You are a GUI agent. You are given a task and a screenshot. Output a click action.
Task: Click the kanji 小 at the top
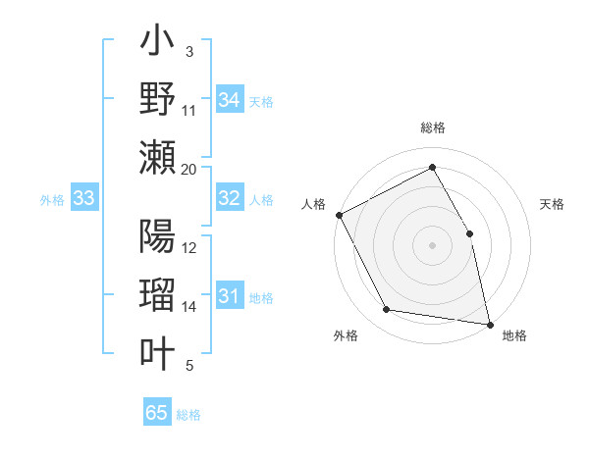click(x=158, y=42)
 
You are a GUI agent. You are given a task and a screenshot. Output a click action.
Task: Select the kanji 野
click(x=158, y=98)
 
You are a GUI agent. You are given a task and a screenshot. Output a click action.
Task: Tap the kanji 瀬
click(x=158, y=155)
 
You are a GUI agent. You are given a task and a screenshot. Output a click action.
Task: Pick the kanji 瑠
click(x=158, y=294)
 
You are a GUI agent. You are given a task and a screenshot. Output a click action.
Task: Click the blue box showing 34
click(x=229, y=100)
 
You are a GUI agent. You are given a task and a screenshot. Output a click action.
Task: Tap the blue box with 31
click(x=229, y=296)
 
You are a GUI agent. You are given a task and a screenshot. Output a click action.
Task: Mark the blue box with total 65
click(x=157, y=413)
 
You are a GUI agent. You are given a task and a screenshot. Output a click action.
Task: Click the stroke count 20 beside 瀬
click(x=189, y=169)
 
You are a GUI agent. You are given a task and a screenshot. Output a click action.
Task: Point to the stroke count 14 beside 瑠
click(x=189, y=307)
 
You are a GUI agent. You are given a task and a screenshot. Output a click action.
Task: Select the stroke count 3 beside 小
click(x=189, y=51)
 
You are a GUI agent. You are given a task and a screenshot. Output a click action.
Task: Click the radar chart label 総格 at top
click(x=433, y=128)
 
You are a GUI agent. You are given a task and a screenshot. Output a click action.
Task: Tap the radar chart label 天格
click(x=553, y=204)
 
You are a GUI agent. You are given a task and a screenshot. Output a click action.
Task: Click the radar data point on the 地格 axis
click(x=490, y=323)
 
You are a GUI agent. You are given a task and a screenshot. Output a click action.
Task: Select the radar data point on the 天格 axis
click(x=469, y=233)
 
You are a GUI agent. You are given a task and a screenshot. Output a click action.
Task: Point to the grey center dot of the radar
click(x=433, y=244)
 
